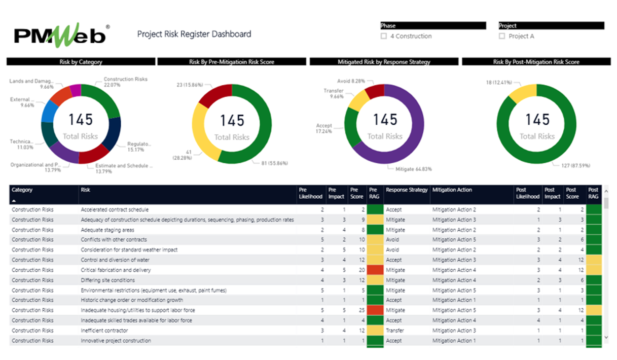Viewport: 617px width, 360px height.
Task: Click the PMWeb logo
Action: click(x=60, y=34)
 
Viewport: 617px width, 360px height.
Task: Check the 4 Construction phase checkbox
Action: click(x=384, y=37)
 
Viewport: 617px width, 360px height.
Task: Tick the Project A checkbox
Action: click(x=502, y=37)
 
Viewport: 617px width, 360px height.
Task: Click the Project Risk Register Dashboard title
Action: click(x=194, y=34)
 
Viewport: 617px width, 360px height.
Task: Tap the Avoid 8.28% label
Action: click(x=351, y=81)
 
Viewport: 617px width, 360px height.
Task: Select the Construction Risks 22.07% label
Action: click(x=126, y=82)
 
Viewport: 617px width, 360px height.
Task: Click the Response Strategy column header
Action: click(x=407, y=190)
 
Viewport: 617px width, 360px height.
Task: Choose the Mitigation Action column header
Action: click(x=452, y=190)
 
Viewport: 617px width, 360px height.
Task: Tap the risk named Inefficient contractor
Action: click(x=104, y=331)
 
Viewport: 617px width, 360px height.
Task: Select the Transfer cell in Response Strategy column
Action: click(x=395, y=331)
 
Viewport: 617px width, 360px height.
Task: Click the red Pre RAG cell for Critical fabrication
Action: click(x=376, y=270)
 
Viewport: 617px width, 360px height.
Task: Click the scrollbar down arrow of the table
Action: click(x=606, y=337)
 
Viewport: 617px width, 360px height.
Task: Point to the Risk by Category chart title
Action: click(x=81, y=62)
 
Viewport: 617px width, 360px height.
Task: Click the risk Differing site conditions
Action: click(x=108, y=280)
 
